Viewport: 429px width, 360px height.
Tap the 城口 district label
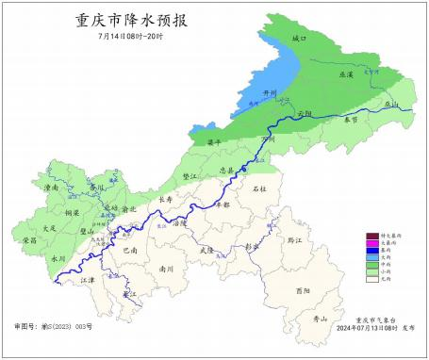[300, 39]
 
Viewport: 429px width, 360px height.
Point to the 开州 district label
[251, 93]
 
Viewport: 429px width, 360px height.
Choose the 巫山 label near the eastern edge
[392, 105]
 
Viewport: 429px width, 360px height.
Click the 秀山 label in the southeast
[321, 319]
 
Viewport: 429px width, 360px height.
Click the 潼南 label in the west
[53, 188]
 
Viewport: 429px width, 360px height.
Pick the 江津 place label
[88, 280]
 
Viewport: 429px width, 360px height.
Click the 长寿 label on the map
[166, 200]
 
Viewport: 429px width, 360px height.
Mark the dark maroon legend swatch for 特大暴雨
[372, 236]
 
